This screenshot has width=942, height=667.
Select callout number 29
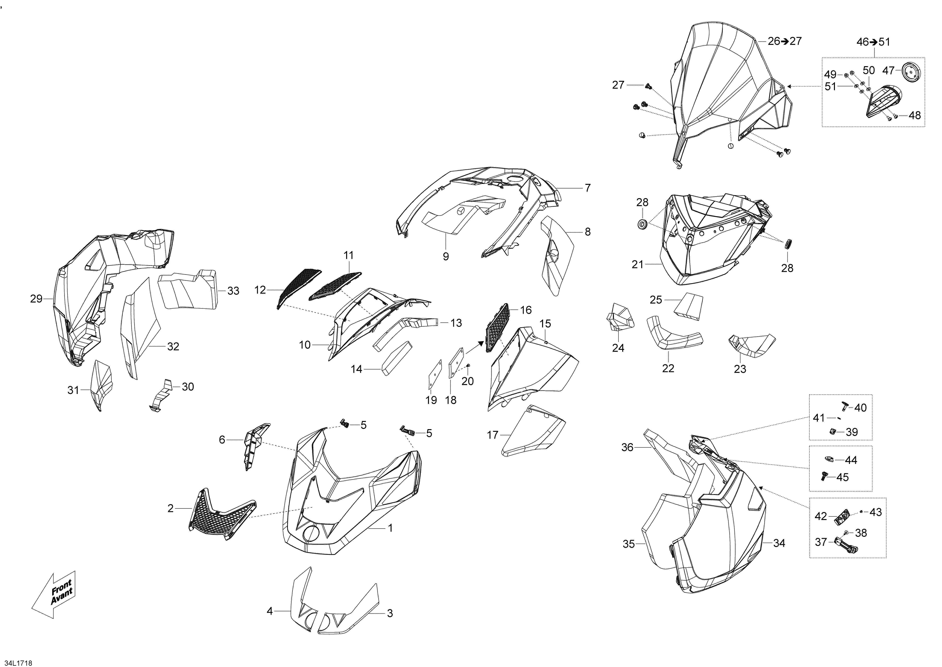coord(36,299)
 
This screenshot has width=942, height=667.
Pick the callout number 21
coord(638,264)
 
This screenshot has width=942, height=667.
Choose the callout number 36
coord(627,447)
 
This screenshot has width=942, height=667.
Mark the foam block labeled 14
coord(396,358)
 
